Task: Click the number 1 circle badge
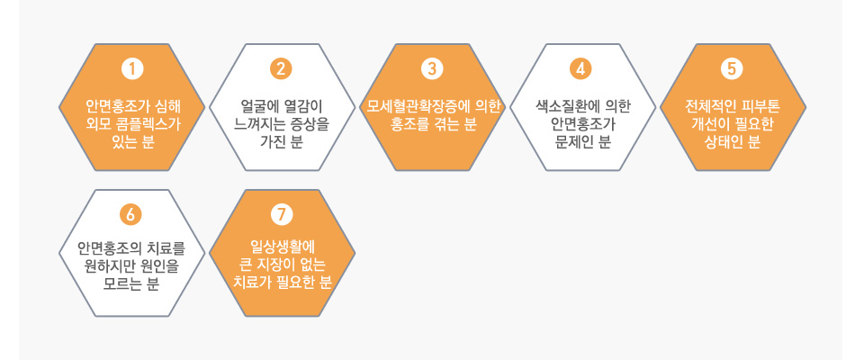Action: [131, 69]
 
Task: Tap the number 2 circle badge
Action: [281, 69]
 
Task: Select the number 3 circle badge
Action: [432, 69]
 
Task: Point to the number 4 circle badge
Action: [580, 69]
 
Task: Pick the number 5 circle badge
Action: [732, 69]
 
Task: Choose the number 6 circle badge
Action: [130, 214]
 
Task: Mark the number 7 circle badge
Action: [282, 214]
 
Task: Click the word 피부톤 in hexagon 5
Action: [760, 105]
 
